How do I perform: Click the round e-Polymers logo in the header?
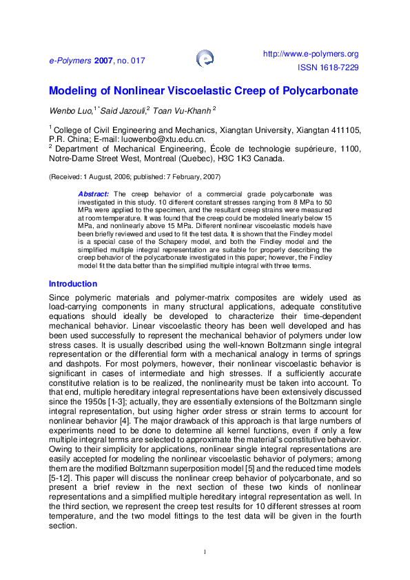pos(205,59)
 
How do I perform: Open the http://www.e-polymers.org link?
pos(311,54)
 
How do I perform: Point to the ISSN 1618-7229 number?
pos(328,68)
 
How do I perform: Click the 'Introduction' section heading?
pos(72,284)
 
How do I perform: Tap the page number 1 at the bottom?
pos(205,552)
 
